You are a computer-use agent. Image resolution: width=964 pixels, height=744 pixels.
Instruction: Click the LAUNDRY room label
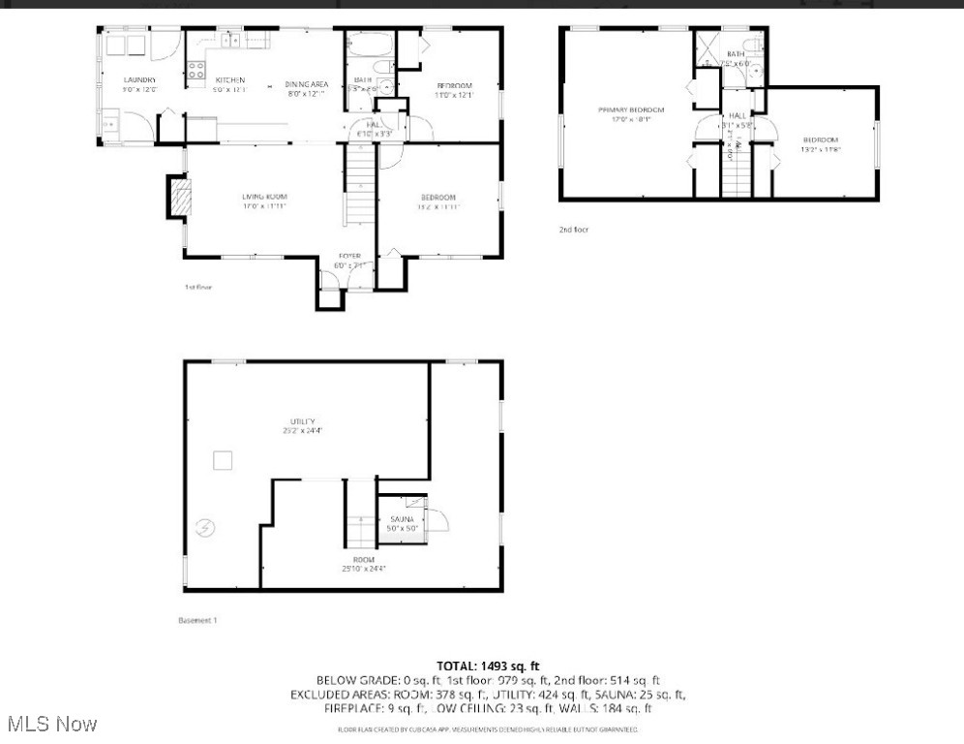(x=139, y=79)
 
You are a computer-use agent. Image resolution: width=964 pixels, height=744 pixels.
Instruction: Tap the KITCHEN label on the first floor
(x=229, y=79)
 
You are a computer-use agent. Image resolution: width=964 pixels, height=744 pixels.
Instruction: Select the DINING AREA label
(x=306, y=84)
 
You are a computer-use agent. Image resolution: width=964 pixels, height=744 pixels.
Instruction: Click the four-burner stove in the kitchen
(x=196, y=70)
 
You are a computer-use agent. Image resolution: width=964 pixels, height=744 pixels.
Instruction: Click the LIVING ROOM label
(x=264, y=197)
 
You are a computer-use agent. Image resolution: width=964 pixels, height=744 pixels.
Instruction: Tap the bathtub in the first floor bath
(x=369, y=46)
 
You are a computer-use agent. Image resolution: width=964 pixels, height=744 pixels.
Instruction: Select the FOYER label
(x=349, y=256)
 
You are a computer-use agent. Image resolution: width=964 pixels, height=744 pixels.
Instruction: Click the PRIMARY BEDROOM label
(x=631, y=110)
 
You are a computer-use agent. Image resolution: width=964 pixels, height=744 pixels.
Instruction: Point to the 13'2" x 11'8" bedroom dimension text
(x=820, y=149)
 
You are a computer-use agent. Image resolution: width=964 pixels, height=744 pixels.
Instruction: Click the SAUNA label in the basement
(x=402, y=520)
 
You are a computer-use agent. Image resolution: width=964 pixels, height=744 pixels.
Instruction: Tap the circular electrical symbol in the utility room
(x=205, y=528)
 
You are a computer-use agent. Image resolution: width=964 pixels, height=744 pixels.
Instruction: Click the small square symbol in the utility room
(x=224, y=460)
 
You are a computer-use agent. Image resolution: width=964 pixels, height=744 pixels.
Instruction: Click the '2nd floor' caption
(x=573, y=230)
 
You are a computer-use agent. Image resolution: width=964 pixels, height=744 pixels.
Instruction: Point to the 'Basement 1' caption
(x=197, y=620)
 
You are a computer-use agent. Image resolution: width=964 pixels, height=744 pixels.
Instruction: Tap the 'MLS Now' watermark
(x=51, y=724)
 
